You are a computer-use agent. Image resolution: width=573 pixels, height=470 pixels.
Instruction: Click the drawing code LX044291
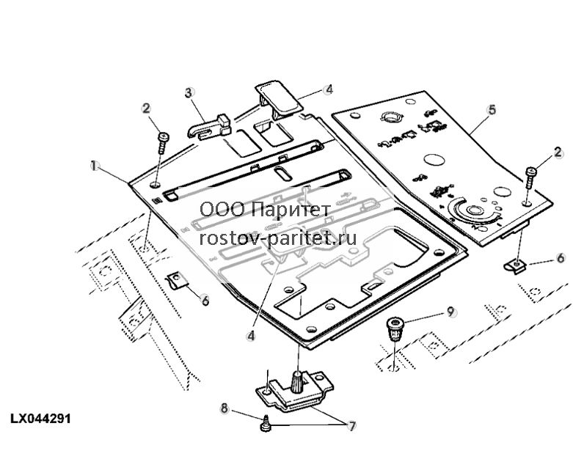pyautogui.click(x=40, y=419)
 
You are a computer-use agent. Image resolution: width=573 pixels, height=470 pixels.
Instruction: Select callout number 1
pyautogui.click(x=95, y=166)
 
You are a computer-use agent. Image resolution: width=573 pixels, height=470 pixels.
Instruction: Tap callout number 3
pyautogui.click(x=189, y=93)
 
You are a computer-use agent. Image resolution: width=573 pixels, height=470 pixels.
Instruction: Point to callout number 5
pyautogui.click(x=492, y=109)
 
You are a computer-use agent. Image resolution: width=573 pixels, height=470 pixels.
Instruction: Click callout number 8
pyautogui.click(x=225, y=408)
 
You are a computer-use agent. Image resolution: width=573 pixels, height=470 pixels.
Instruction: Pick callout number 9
pyautogui.click(x=451, y=312)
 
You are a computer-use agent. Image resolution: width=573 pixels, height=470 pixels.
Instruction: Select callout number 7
pyautogui.click(x=352, y=426)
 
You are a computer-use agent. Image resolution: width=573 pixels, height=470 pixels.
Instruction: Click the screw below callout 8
pyautogui.click(x=266, y=423)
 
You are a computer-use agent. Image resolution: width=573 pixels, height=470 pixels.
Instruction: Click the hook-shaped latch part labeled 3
pyautogui.click(x=209, y=127)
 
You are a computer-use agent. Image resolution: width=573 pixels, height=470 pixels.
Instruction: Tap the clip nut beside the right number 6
pyautogui.click(x=515, y=267)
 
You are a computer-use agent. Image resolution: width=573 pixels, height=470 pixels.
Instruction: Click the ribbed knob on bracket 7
pyautogui.click(x=297, y=381)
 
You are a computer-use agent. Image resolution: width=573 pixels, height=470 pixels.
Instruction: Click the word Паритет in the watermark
pyautogui.click(x=291, y=210)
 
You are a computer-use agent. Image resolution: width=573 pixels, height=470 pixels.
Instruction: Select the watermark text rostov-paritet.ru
pyautogui.click(x=278, y=238)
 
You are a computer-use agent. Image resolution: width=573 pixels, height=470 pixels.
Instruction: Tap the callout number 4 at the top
pyautogui.click(x=329, y=89)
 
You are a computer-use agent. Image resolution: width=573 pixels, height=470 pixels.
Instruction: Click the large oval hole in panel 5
pyautogui.click(x=434, y=161)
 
